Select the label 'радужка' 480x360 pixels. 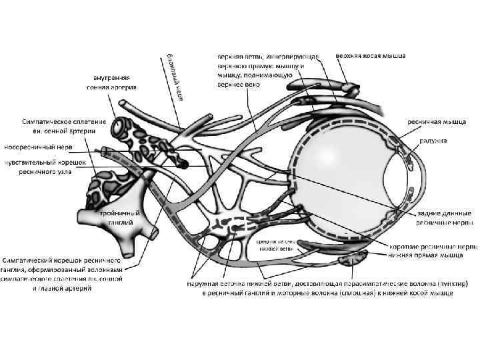point(433,141)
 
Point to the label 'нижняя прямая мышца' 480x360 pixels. point(433,254)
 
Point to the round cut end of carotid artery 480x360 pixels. point(123,126)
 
